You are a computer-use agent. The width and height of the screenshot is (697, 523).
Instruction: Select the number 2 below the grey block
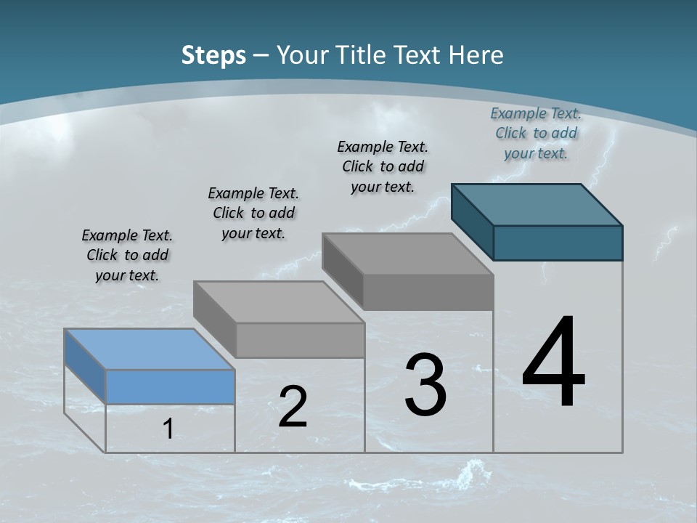tap(293, 407)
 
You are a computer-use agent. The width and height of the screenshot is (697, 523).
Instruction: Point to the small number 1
tap(168, 429)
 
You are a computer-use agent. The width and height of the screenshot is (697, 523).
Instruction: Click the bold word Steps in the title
tap(213, 54)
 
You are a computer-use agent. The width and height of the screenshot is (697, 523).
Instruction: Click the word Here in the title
tap(476, 54)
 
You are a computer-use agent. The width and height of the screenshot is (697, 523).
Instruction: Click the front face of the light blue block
tap(170, 386)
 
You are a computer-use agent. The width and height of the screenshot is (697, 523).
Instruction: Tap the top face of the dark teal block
tap(537, 204)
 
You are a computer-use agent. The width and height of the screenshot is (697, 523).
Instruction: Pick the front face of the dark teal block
tap(558, 243)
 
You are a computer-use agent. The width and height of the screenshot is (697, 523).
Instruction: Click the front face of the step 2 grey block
tap(300, 340)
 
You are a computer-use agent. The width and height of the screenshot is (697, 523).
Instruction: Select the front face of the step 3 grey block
tap(428, 292)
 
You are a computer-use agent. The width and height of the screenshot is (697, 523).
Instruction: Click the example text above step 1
tap(127, 255)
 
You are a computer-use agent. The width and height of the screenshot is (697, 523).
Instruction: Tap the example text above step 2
tap(253, 213)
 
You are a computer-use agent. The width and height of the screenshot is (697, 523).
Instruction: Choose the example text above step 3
tap(383, 166)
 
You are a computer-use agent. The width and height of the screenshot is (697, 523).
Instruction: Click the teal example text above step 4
tap(536, 133)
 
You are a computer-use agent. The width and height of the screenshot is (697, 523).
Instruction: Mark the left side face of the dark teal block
tap(472, 222)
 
